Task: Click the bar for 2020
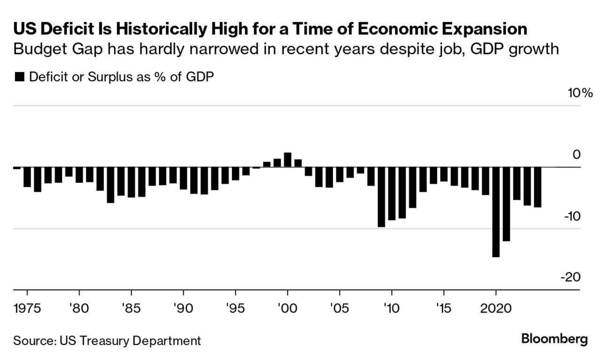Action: point(496,212)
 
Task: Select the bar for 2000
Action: point(288,160)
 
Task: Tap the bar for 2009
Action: point(381,197)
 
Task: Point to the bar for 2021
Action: point(506,204)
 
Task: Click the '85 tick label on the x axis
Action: point(132,309)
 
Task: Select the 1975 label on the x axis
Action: point(27,309)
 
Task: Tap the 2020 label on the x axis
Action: point(496,309)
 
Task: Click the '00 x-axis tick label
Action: point(287,309)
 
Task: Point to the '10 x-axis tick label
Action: point(392,309)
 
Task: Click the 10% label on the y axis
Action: point(580,93)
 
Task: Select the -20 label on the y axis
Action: point(570,277)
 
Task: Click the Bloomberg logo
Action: point(555,339)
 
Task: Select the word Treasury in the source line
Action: point(102,340)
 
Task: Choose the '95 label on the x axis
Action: point(235,309)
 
